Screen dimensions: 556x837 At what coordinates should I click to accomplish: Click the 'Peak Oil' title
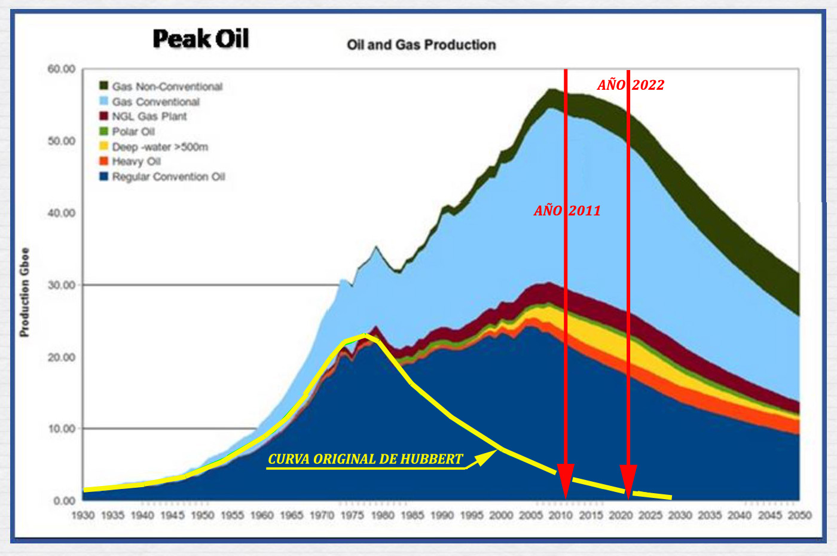tap(201, 39)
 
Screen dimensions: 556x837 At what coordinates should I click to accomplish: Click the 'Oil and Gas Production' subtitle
tap(421, 45)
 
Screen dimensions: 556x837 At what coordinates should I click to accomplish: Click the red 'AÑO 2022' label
tap(631, 85)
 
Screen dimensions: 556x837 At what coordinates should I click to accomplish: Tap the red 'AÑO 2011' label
tap(567, 211)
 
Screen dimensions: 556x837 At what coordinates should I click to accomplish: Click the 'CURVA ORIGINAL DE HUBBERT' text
tap(365, 459)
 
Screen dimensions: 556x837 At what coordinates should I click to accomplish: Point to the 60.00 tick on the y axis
tap(62, 69)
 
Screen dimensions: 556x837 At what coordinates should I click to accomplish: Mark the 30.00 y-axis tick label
tap(62, 285)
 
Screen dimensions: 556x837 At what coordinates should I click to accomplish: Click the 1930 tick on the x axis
tap(83, 515)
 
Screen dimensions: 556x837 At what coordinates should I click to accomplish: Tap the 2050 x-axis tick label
tap(799, 515)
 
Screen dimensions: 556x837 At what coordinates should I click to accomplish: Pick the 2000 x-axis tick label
tap(501, 515)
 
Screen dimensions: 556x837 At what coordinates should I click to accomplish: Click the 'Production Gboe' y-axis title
tap(25, 292)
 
